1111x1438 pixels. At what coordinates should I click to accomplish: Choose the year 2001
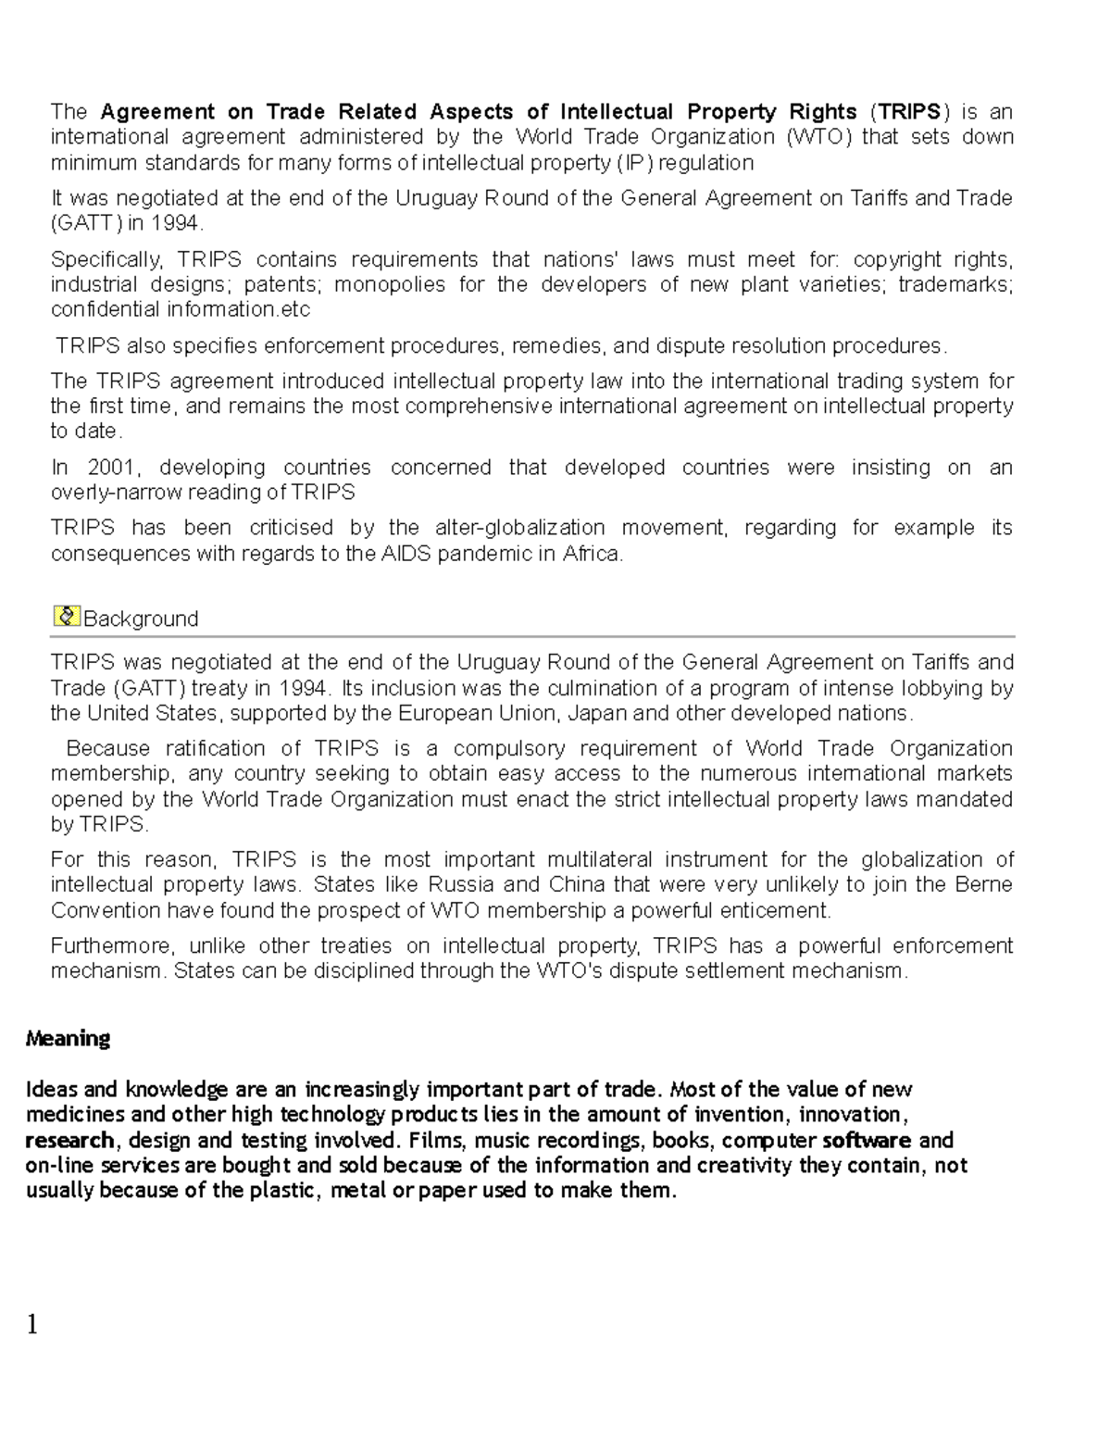pyautogui.click(x=112, y=468)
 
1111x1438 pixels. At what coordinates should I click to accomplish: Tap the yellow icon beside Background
pyautogui.click(x=67, y=616)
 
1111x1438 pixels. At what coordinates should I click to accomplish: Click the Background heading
pyautogui.click(x=141, y=619)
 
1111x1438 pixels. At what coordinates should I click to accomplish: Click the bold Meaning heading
pyautogui.click(x=68, y=1038)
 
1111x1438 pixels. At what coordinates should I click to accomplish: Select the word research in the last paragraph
pyautogui.click(x=69, y=1140)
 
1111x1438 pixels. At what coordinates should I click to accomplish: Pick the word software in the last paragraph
pyautogui.click(x=867, y=1140)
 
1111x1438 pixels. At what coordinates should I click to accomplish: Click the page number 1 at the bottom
pyautogui.click(x=32, y=1325)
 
